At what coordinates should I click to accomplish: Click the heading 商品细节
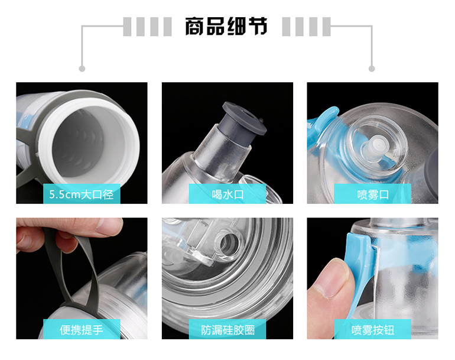click(226, 26)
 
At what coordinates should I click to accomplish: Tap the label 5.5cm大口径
click(82, 194)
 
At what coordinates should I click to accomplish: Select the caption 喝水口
click(227, 194)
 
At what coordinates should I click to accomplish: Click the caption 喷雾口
click(373, 194)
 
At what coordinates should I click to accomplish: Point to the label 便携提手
click(82, 330)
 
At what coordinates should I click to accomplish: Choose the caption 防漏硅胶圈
click(227, 330)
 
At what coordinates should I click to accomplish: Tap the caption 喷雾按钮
click(373, 330)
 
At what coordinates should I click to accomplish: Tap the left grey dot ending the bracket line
click(82, 69)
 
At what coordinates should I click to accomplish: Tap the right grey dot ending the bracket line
click(372, 69)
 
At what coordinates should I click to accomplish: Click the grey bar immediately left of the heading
click(167, 27)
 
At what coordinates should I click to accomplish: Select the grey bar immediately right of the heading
click(286, 27)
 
